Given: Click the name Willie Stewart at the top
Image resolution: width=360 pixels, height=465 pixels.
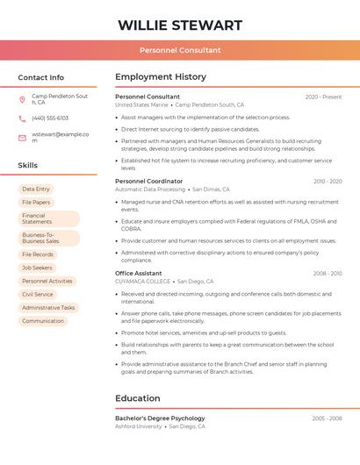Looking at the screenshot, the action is (180, 25).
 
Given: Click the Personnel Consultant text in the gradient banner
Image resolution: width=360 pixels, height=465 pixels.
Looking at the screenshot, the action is (180, 51).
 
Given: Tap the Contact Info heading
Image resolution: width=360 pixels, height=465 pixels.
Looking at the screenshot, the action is (40, 77).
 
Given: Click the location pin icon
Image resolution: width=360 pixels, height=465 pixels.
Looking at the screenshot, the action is (22, 99).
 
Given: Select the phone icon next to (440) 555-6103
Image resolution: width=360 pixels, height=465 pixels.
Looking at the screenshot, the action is (22, 118).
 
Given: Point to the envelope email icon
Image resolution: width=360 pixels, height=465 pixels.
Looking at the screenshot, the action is (22, 138).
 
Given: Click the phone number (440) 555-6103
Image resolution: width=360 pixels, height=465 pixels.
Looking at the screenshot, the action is (50, 118).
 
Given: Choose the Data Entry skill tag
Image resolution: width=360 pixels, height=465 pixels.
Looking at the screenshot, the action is (36, 189).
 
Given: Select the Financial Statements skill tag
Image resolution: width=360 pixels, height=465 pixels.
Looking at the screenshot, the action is (48, 218).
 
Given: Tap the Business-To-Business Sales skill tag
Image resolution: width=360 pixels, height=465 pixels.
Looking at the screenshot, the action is (48, 238).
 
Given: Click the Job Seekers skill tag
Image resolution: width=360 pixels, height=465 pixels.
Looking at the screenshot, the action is (37, 268).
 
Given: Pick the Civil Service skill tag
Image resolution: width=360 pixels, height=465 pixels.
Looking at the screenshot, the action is (38, 295).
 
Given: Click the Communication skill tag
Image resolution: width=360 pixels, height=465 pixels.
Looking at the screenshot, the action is (43, 321).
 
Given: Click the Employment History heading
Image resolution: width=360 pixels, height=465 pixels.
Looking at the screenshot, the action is (161, 77).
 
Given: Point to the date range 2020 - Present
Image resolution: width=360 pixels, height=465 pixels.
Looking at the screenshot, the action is (323, 97).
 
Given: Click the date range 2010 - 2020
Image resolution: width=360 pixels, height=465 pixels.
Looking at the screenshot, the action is (328, 181).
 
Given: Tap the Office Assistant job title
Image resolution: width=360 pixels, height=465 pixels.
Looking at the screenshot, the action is (139, 273).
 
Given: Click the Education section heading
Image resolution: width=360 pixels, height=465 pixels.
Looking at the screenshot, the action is (138, 398).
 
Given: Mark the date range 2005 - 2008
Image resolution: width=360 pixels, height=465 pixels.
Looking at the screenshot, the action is (327, 418).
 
